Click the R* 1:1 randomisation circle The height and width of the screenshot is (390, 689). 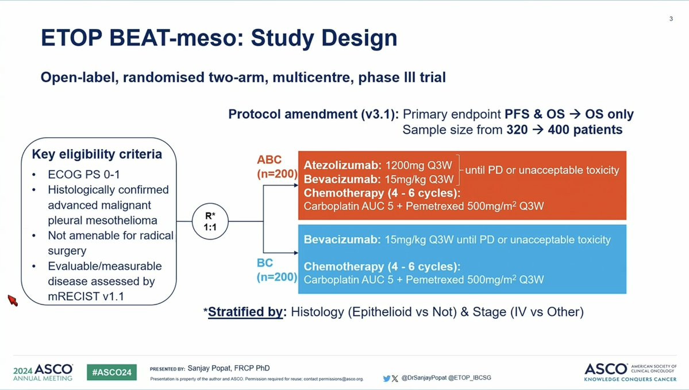tap(210, 221)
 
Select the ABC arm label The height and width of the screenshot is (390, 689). tap(270, 160)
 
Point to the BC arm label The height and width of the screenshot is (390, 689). tap(265, 262)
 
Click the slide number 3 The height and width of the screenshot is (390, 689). tap(671, 18)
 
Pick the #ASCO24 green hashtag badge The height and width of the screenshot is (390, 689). tap(111, 372)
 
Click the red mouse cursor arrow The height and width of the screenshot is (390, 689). tap(13, 300)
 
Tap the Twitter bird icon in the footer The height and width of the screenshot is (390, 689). tap(386, 378)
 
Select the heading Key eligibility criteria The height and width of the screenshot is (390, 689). tap(97, 154)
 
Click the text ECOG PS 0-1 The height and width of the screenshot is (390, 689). tap(84, 175)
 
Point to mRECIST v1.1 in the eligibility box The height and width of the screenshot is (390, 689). tap(86, 296)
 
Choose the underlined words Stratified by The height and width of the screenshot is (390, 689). tap(245, 312)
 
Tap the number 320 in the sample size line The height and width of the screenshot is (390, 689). tap(517, 130)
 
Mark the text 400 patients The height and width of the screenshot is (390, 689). tap(586, 130)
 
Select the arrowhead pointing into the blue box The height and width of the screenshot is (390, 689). tap(296, 253)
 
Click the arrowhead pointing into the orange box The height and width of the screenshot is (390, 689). tap(296, 186)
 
